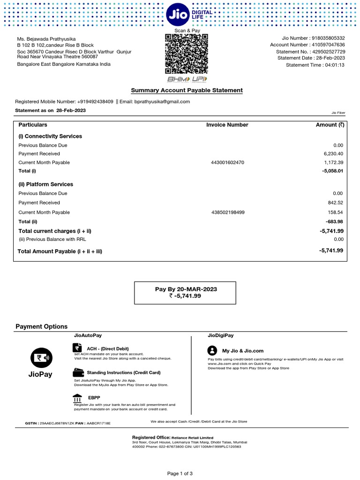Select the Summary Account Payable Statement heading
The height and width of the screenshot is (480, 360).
click(x=187, y=90)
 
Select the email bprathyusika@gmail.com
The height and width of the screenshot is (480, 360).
click(x=162, y=102)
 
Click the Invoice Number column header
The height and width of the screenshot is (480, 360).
click(x=227, y=125)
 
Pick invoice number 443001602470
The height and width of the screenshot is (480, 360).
click(x=228, y=163)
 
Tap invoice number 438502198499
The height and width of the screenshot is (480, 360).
click(x=228, y=212)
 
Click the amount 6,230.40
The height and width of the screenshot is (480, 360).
click(x=333, y=154)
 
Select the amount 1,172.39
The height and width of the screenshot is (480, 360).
click(x=333, y=163)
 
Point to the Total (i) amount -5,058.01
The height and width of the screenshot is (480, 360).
click(x=332, y=171)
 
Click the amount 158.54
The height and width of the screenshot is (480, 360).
click(x=335, y=212)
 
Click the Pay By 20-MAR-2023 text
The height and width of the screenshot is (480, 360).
click(x=186, y=289)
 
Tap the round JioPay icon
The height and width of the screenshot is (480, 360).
click(x=40, y=358)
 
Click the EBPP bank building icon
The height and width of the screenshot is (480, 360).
click(x=78, y=397)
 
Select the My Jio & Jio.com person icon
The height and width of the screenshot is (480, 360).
click(x=212, y=351)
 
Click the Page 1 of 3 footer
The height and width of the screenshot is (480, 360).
click(x=180, y=473)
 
